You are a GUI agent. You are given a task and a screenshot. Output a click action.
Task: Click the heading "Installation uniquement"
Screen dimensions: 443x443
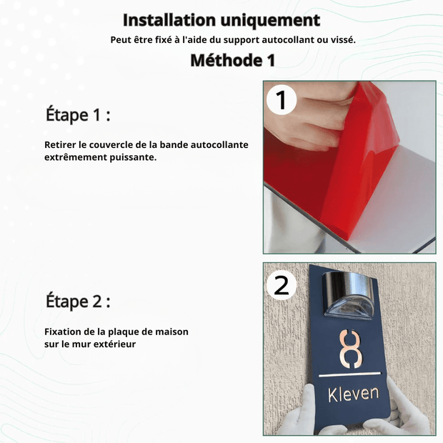pyautogui.click(x=221, y=20)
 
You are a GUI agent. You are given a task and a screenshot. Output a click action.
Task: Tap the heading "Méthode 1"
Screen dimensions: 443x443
pyautogui.click(x=233, y=60)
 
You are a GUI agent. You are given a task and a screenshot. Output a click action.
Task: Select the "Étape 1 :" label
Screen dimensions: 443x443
pyautogui.click(x=78, y=115)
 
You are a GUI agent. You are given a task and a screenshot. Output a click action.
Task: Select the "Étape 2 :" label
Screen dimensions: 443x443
pyautogui.click(x=78, y=302)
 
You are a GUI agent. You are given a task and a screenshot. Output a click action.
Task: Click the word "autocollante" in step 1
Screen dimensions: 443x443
pyautogui.click(x=219, y=144)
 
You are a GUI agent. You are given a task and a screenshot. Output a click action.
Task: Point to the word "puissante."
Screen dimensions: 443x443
pyautogui.click(x=133, y=157)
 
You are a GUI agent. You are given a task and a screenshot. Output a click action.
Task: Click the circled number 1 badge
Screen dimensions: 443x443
pyautogui.click(x=282, y=100)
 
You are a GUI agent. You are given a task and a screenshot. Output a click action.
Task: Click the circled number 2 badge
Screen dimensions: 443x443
pyautogui.click(x=282, y=285)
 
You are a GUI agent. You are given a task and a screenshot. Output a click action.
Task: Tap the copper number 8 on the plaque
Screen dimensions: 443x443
pyautogui.click(x=351, y=349)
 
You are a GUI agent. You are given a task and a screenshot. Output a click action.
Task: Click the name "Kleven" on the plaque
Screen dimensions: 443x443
pyautogui.click(x=354, y=394)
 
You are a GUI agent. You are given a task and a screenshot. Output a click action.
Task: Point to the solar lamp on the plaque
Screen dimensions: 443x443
pyautogui.click(x=349, y=295)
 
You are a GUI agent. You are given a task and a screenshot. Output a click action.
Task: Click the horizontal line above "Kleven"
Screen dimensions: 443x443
pyautogui.click(x=350, y=375)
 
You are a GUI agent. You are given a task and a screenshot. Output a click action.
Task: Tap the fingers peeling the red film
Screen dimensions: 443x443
pyautogui.click(x=308, y=119)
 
